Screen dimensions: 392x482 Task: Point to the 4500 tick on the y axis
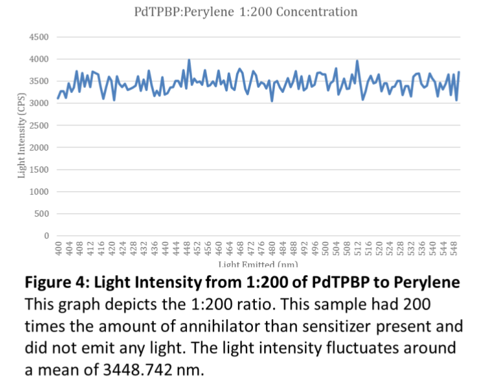point(39,37)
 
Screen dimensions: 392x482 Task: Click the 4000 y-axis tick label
point(39,59)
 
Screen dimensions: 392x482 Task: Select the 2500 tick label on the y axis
point(39,126)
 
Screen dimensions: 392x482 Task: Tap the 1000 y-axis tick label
point(39,192)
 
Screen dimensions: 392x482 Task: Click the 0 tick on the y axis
point(46,236)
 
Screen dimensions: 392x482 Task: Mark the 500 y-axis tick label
point(41,214)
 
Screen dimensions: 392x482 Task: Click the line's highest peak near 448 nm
point(189,60)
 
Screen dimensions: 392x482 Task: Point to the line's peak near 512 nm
point(357,61)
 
